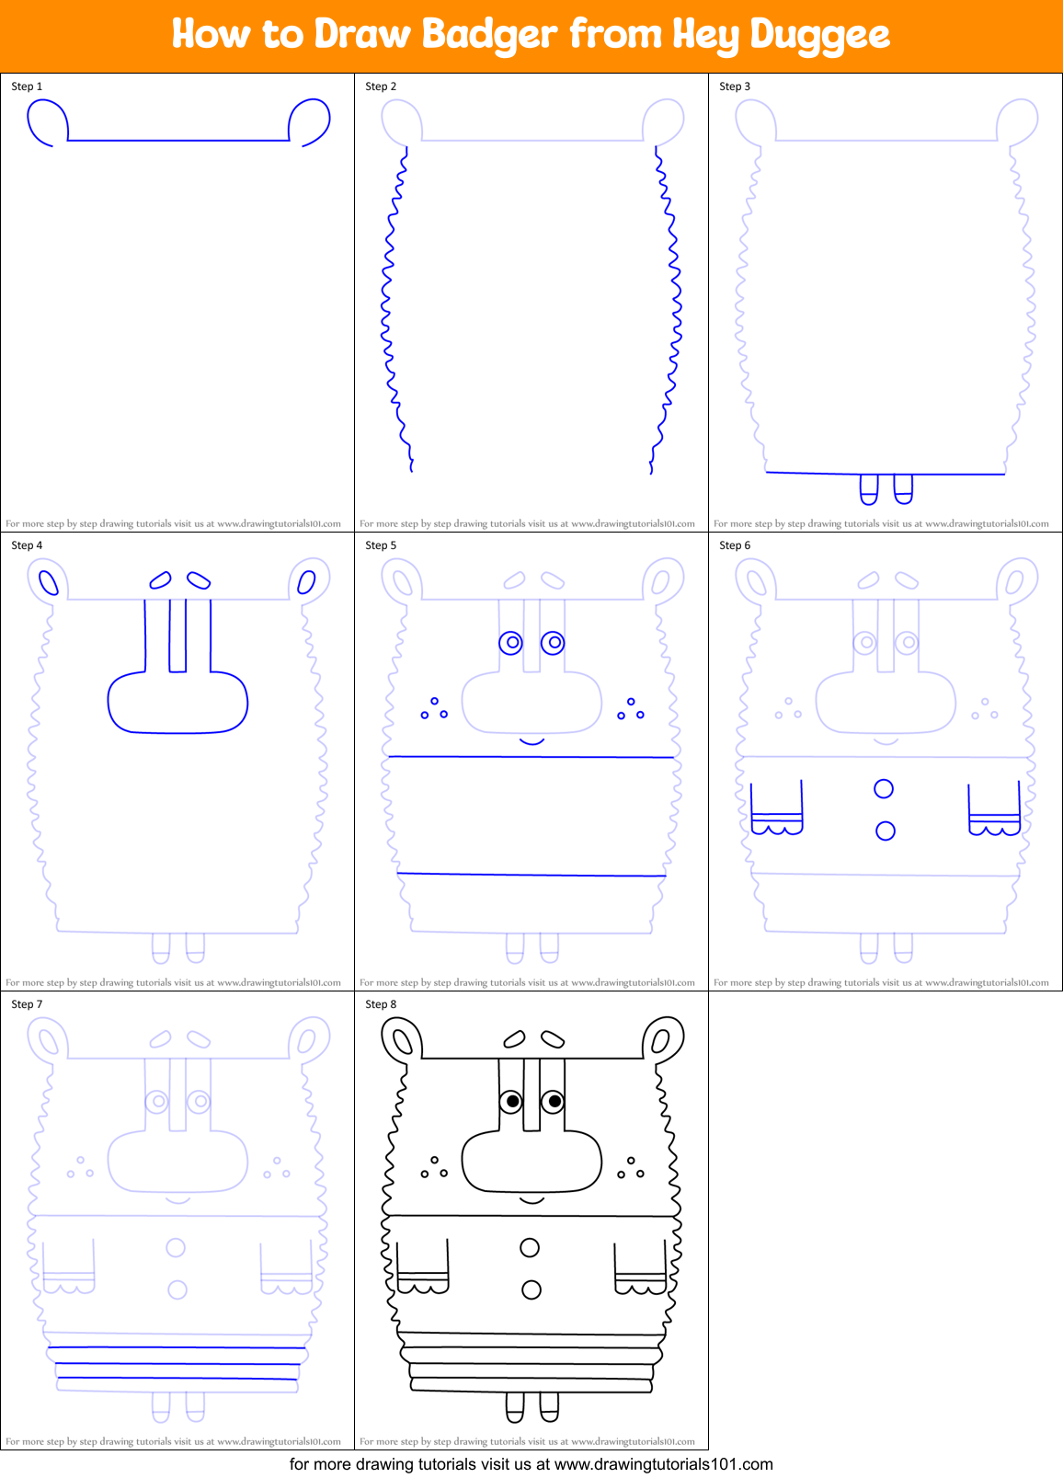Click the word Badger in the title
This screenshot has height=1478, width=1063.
[489, 35]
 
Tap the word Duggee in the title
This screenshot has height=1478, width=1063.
[819, 35]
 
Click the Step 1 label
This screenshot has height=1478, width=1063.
[27, 86]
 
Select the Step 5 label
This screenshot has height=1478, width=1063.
[381, 545]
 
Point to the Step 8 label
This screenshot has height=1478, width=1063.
[381, 1004]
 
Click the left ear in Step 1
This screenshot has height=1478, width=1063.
[47, 122]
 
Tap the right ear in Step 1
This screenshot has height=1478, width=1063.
[310, 122]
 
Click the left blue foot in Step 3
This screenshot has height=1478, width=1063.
[869, 489]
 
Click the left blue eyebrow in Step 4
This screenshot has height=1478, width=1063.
[160, 579]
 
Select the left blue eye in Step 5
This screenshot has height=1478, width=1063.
[511, 643]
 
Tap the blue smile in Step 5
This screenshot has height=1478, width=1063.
[531, 741]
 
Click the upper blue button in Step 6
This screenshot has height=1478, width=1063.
[884, 788]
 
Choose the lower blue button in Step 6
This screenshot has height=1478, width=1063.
[886, 831]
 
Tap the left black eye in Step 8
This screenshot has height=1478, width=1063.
[512, 1101]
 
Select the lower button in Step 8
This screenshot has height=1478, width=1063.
[531, 1290]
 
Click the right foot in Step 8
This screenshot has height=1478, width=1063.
[549, 1406]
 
